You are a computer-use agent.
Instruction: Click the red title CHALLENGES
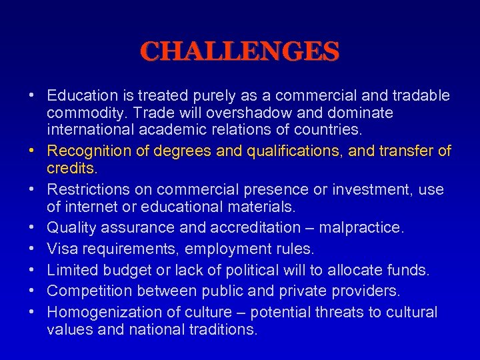click(x=240, y=51)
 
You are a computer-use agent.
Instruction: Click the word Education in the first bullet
click(x=81, y=96)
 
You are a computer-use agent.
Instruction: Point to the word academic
click(x=176, y=129)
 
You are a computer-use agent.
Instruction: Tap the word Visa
click(x=61, y=249)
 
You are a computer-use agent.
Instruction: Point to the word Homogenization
click(x=99, y=312)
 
